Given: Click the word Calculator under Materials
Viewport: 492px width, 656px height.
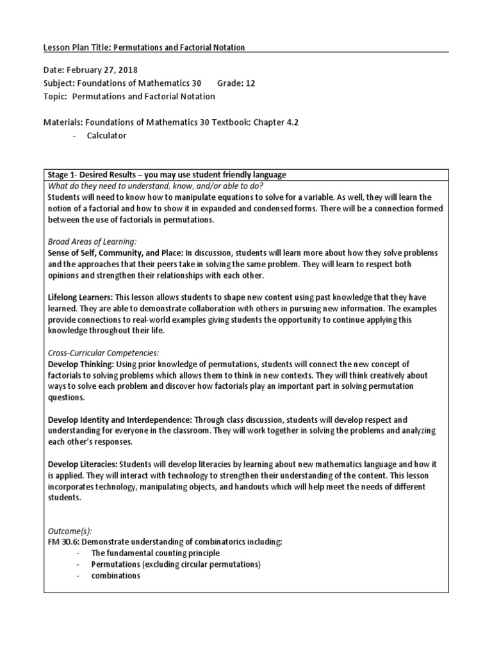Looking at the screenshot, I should pos(107,135).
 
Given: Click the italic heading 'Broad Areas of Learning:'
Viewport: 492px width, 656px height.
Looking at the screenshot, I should pos(92,242).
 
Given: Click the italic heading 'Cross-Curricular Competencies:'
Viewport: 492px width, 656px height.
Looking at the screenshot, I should pos(104,353).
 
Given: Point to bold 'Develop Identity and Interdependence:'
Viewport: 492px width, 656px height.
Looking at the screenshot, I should pos(120,420).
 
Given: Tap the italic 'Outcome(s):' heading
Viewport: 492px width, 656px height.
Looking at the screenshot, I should pos(70,531).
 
